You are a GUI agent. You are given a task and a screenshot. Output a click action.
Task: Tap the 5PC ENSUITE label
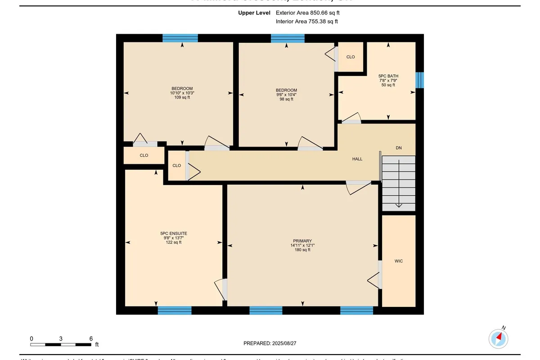(173, 234)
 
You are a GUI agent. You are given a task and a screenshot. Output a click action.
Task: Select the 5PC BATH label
(388, 76)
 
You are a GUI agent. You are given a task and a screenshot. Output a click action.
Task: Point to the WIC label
(398, 261)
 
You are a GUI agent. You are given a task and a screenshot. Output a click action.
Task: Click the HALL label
(357, 159)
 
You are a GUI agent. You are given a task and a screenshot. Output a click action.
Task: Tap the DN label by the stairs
(398, 148)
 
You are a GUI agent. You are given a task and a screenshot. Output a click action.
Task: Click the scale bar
(61, 345)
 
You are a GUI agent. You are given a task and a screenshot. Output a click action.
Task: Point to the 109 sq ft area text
(182, 97)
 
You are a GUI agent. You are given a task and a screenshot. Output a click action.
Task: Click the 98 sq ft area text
(286, 99)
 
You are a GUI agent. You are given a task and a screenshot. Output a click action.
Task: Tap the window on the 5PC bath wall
(419, 80)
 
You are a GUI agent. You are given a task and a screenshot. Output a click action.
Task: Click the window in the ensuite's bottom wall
(175, 310)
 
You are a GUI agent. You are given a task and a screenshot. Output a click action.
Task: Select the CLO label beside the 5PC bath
(351, 57)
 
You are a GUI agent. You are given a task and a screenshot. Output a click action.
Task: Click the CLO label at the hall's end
(177, 166)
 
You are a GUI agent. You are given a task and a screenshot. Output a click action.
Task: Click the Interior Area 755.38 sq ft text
(306, 21)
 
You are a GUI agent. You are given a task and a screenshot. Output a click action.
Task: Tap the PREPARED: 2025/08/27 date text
(270, 343)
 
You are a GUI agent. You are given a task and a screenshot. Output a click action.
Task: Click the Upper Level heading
(254, 13)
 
